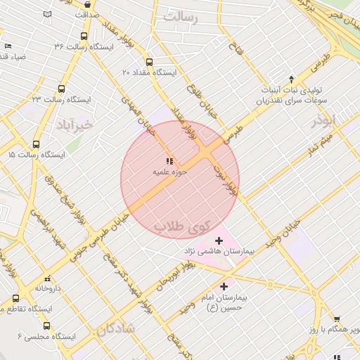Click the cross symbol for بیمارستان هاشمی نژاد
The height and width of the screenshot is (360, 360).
219,240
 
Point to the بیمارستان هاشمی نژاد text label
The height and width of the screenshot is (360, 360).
219,250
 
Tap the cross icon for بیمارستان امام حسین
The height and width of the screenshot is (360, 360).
224,286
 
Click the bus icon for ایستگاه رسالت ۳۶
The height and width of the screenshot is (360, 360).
84,37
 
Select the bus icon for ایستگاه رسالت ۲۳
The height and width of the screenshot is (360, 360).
61,89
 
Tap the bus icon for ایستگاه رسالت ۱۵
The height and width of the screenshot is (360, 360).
11,154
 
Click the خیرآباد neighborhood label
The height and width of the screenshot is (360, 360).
73,125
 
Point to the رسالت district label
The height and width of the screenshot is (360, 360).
181,16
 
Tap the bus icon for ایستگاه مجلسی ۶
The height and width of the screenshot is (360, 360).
46,326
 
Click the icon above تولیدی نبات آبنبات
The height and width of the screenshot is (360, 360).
291,79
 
